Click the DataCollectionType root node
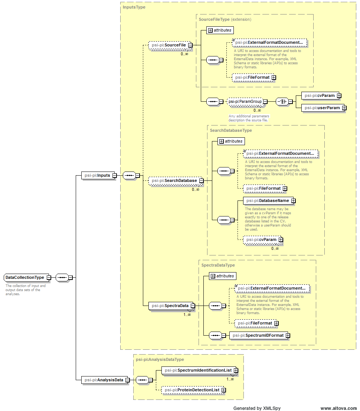pyautogui.click(x=24, y=278)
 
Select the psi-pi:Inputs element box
pyautogui.click(x=97, y=175)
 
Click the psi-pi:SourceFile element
pyautogui.click(x=168, y=45)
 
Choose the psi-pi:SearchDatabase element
pyautogui.click(x=173, y=181)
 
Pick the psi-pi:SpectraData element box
pyautogui.click(x=169, y=306)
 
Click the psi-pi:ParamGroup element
pyautogui.click(x=245, y=101)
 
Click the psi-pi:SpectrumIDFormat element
pyautogui.click(x=257, y=335)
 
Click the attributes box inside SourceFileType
pyautogui.click(x=220, y=30)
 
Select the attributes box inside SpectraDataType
pyautogui.click(x=222, y=276)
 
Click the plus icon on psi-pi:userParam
pyautogui.click(x=344, y=108)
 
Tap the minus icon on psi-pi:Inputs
pyautogui.click(x=115, y=175)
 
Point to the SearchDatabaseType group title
pyautogui.click(x=230, y=130)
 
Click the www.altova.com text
pyautogui.click(x=338, y=408)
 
